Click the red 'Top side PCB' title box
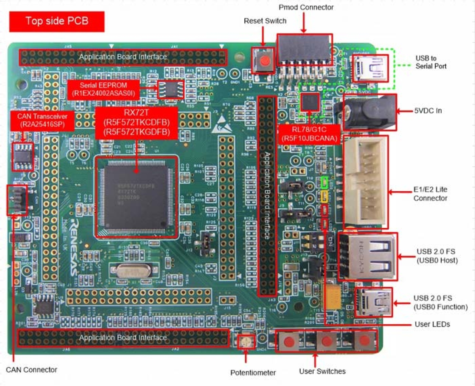coord(57,21)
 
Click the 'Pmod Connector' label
coord(306,7)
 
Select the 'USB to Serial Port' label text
coord(431,62)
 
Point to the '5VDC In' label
coord(428,111)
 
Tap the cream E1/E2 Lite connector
coord(365,181)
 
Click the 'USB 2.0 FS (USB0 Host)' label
coord(437,256)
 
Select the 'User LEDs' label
coord(432,324)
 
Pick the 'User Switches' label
coord(322,371)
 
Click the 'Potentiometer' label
coord(253,372)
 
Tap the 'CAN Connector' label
coord(31,370)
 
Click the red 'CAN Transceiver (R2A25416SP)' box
coord(42,121)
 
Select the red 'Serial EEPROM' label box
coord(103,90)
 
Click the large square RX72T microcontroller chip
coord(136,197)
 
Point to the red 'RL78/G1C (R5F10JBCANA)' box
coord(309,134)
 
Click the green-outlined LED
coord(324,183)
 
